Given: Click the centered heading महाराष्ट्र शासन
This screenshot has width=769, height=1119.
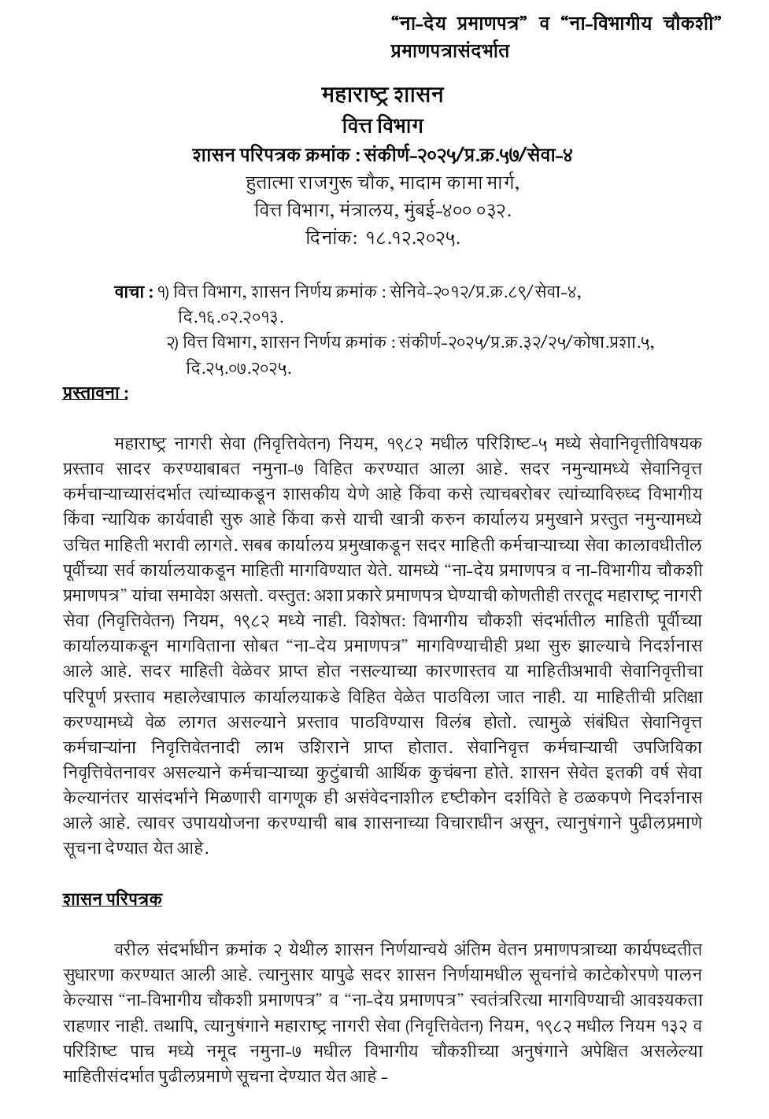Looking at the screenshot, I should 383,95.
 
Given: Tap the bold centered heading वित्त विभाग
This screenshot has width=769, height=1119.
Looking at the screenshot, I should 383,125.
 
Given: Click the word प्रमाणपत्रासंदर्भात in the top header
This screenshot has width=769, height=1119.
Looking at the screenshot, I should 449,51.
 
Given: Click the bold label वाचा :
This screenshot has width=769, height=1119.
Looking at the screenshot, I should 133,292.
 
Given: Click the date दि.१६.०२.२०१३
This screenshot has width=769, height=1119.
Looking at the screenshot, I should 231,317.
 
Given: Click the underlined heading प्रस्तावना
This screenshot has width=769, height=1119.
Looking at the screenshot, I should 94,393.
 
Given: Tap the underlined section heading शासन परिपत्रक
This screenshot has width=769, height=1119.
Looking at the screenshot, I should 113,899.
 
